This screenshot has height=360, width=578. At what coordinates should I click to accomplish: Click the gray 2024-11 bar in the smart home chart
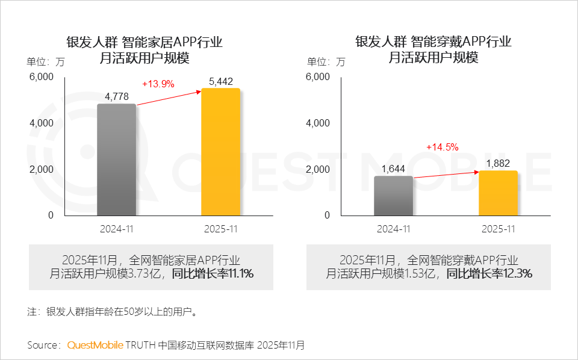[117, 160]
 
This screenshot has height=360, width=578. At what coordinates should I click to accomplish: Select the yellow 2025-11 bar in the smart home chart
[220, 152]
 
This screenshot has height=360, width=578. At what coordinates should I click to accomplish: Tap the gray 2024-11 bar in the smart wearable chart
[393, 196]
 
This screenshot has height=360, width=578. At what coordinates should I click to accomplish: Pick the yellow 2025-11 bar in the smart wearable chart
[498, 193]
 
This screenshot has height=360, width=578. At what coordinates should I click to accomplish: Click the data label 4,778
[117, 96]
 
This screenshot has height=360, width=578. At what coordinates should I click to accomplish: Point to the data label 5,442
[220, 81]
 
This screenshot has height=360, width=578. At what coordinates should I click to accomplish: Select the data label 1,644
[393, 169]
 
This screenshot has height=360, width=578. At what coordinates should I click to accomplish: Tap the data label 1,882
[498, 163]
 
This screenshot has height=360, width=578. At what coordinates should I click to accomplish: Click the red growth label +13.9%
[158, 84]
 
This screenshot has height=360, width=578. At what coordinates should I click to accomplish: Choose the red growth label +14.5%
[443, 147]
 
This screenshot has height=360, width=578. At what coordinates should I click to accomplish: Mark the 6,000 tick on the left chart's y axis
[42, 76]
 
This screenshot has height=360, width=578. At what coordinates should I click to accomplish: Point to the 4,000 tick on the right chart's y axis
[318, 123]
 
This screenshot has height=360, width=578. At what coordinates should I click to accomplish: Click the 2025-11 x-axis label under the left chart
[220, 229]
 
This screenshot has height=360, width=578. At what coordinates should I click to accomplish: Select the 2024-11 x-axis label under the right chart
[393, 229]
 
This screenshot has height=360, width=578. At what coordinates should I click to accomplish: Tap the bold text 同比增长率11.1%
[213, 274]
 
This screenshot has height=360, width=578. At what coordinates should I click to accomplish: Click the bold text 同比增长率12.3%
[489, 274]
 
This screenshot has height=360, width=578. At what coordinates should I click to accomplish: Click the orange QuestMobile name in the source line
[95, 346]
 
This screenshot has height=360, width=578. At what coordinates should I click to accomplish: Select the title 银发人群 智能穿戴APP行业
[433, 42]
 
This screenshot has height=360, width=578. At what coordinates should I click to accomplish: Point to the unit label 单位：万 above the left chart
[45, 61]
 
